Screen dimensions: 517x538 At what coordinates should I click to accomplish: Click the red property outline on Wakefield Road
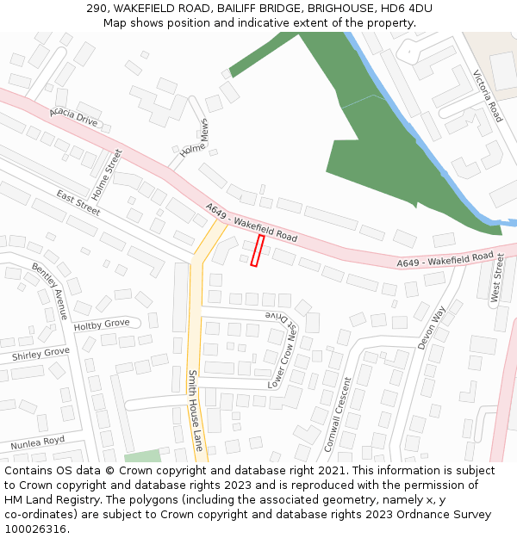pos(256,250)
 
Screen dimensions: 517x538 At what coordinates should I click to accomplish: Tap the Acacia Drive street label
pos(73,117)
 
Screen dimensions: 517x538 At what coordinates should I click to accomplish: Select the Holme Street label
pos(108,175)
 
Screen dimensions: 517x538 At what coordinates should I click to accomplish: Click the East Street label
pos(78,202)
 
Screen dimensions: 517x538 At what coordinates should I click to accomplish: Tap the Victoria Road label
pos(487,96)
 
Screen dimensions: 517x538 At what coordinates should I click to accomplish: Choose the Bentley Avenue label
pos(49,291)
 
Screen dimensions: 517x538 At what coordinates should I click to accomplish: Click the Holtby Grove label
pos(101,325)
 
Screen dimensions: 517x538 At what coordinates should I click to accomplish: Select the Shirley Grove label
pos(40,354)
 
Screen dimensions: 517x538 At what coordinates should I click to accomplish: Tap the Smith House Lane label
pos(196,411)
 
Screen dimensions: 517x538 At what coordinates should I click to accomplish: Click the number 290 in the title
pos(97,9)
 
